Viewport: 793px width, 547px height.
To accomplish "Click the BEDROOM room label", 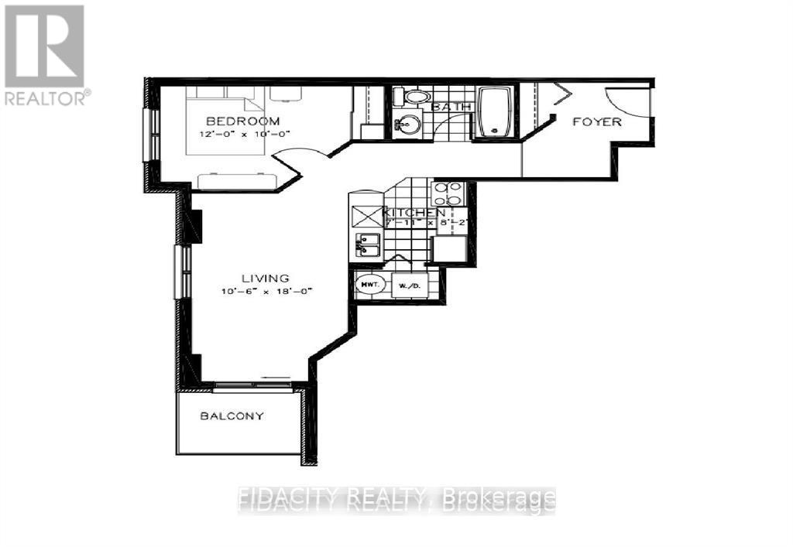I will coord(242,121).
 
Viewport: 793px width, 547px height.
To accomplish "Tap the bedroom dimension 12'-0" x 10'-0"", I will coord(242,135).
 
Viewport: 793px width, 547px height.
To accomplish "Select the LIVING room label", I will coord(265,278).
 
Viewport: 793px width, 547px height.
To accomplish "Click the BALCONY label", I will coord(232,415).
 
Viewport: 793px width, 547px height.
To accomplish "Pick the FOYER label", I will coord(596,121).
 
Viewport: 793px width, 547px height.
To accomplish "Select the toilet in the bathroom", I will coord(415,97).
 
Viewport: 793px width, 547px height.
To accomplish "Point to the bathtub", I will coord(493,112).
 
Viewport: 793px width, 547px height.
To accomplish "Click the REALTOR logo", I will coord(45,54).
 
